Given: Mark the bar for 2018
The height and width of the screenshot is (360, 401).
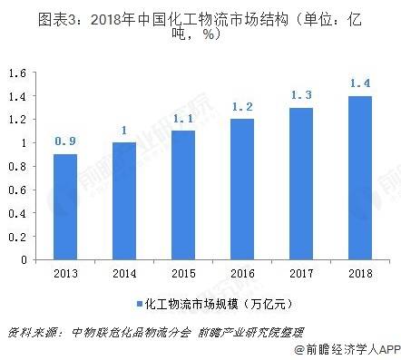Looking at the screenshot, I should (360, 178).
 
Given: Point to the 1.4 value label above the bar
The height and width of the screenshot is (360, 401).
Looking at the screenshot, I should (360, 83).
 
